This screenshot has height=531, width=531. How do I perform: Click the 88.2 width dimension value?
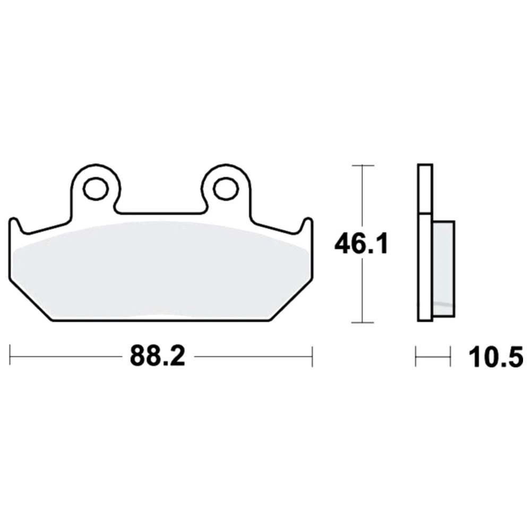[x=158, y=356]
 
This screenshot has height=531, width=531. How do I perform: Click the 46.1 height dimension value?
[x=361, y=244]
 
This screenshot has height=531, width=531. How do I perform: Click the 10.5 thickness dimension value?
[x=496, y=357]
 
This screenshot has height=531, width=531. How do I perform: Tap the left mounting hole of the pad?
[x=96, y=188]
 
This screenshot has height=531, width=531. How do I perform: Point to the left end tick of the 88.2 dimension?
[x=10, y=356]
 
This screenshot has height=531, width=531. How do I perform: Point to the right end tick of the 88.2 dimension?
[x=312, y=356]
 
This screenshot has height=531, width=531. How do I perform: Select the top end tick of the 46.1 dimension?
[x=363, y=166]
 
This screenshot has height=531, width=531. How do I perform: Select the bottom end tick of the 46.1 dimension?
[x=363, y=322]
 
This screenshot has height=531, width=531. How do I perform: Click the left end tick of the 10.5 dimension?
[x=416, y=356]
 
